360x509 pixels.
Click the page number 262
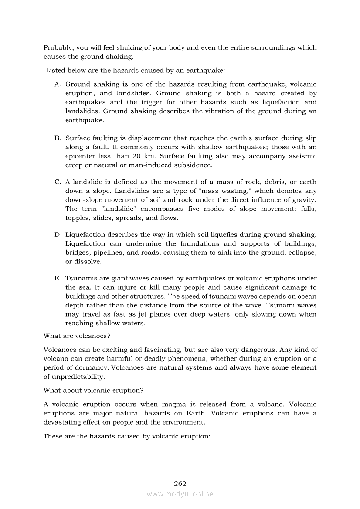(180, 483)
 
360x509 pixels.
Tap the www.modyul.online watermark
(180, 494)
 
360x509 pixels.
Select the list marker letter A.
(57, 84)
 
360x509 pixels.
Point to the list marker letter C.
(57, 182)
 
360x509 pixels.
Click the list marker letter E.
(57, 279)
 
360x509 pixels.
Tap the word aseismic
(301, 156)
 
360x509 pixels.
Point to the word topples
(77, 218)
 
